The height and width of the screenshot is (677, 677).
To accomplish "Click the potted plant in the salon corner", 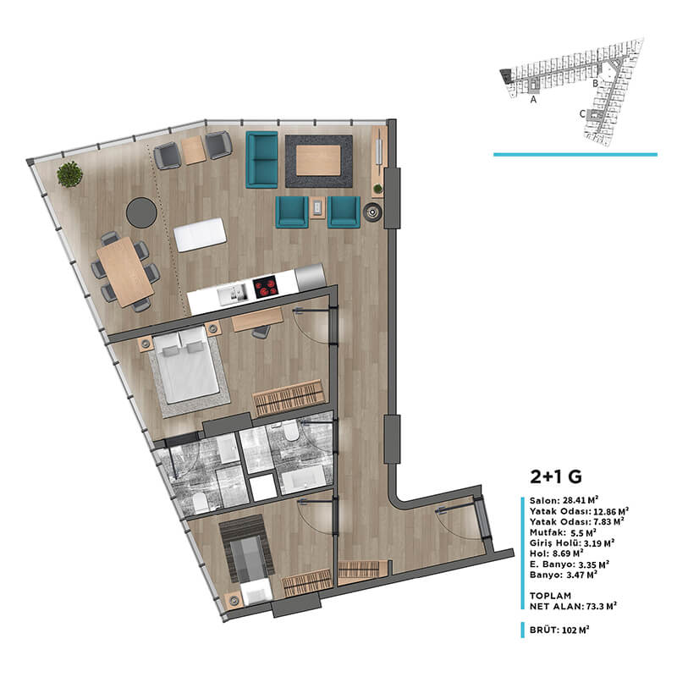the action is point(69,174).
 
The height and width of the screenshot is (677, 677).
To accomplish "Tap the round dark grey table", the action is point(141,212).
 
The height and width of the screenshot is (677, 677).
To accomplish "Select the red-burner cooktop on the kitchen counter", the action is point(265,287).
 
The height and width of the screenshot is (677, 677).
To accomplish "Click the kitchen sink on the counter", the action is point(233,294).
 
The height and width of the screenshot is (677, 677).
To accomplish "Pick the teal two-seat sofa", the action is point(261,160).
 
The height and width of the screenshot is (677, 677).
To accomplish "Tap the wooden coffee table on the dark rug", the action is point(319,160).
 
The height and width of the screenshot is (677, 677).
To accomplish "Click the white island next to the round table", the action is point(200,234).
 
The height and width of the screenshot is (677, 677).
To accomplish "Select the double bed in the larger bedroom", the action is point(185,366).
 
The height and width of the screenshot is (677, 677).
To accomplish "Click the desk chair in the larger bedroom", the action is point(261,331).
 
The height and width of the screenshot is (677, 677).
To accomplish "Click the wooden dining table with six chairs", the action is point(124,272).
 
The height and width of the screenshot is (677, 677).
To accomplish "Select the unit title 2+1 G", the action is point(556,476).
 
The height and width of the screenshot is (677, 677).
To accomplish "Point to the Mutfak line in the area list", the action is point(563,532).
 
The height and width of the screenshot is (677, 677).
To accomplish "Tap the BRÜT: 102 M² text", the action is point(559,630).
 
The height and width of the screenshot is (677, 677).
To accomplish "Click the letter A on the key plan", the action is point(533,100).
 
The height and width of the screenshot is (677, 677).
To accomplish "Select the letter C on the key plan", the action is point(582,114).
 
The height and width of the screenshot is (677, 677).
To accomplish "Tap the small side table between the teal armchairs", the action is point(317,208).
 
